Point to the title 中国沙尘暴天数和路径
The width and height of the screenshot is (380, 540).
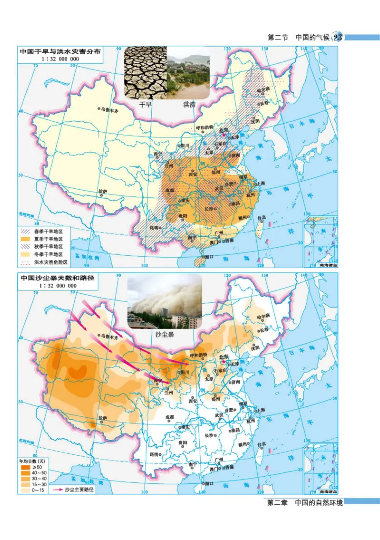(57, 278)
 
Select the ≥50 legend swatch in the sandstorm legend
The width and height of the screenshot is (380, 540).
(26, 467)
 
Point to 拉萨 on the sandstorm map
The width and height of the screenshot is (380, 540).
(103, 417)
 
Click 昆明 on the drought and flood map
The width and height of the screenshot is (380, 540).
(155, 227)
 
